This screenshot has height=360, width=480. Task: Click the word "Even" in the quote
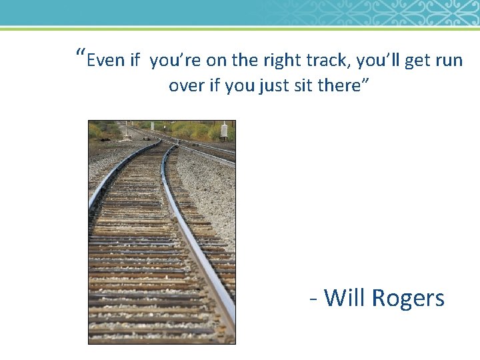coord(105,61)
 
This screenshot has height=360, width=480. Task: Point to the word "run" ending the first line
coord(449,61)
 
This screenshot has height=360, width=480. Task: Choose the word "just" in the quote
coord(274,86)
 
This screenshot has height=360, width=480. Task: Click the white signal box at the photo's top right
coord(225,130)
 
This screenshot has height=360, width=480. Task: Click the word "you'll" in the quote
coord(378,61)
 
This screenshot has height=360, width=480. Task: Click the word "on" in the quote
coord(217,61)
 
